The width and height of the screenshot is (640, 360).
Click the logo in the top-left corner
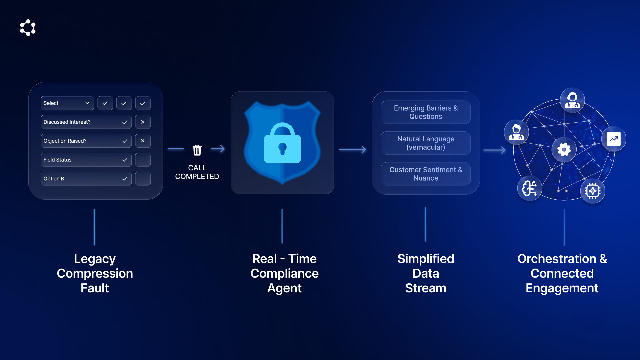(x=28, y=28)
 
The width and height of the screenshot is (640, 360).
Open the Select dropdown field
(x=67, y=103)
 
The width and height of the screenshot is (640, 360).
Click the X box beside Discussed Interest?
(x=143, y=122)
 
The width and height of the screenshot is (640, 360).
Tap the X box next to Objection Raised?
(x=143, y=141)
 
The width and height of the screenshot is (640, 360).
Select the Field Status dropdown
(x=86, y=160)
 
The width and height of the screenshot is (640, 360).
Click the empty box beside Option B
(x=143, y=179)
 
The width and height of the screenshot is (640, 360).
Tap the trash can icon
(x=197, y=150)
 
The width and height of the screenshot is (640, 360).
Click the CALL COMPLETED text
(x=197, y=172)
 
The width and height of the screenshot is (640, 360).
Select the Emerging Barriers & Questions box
(x=426, y=112)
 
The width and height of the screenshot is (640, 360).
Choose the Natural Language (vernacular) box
(x=426, y=143)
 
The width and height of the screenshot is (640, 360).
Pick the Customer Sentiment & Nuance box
(x=426, y=174)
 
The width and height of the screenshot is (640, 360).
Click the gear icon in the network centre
(x=564, y=150)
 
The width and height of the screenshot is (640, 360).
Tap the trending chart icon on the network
(x=614, y=139)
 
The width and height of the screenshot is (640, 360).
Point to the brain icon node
(x=529, y=189)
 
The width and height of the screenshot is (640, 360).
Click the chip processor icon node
(x=593, y=191)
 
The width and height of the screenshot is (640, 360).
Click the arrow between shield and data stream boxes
(x=353, y=150)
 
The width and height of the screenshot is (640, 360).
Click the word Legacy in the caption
(x=95, y=259)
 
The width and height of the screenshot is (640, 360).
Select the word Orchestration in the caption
(x=557, y=259)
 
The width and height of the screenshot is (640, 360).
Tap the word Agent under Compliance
(x=284, y=288)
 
